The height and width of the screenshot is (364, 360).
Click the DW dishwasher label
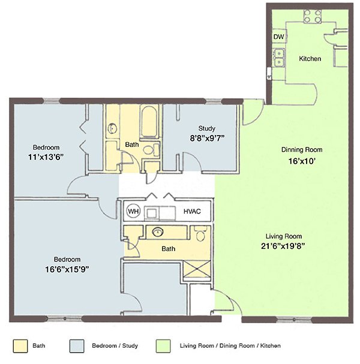click(278, 37)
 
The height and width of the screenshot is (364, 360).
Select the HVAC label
click(192, 212)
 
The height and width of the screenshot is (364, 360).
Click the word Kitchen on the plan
click(310, 59)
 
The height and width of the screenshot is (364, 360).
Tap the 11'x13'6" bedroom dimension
click(46, 156)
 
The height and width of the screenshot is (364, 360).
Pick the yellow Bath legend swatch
click(20, 345)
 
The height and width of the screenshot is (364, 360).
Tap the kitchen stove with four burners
click(312, 16)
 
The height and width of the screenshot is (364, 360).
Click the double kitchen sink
click(278, 58)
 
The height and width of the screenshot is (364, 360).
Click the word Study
click(206, 128)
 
